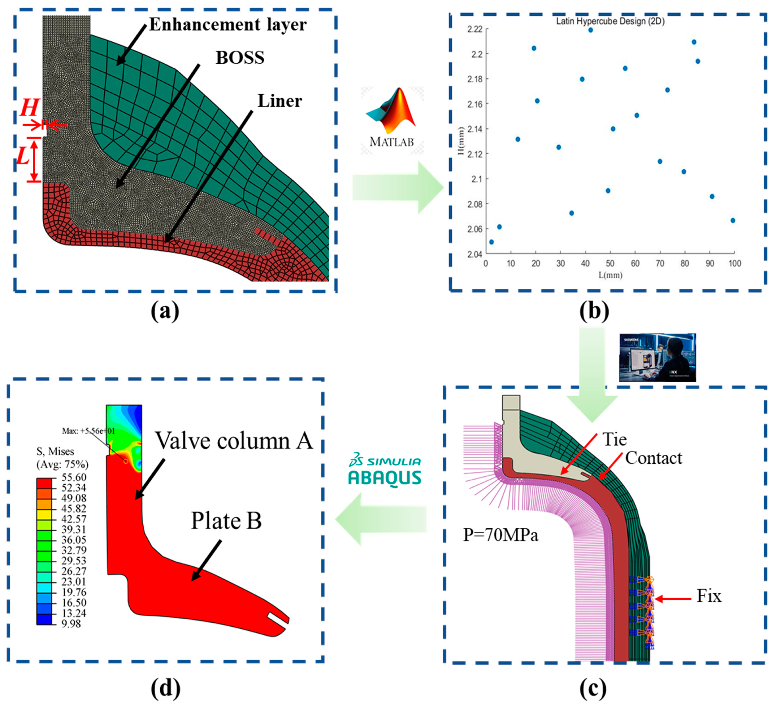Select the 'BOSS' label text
click(x=240, y=58)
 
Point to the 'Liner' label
click(x=280, y=101)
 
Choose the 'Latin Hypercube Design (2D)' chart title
click(x=610, y=21)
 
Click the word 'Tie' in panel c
click(x=614, y=440)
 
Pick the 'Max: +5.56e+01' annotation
click(x=88, y=431)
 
